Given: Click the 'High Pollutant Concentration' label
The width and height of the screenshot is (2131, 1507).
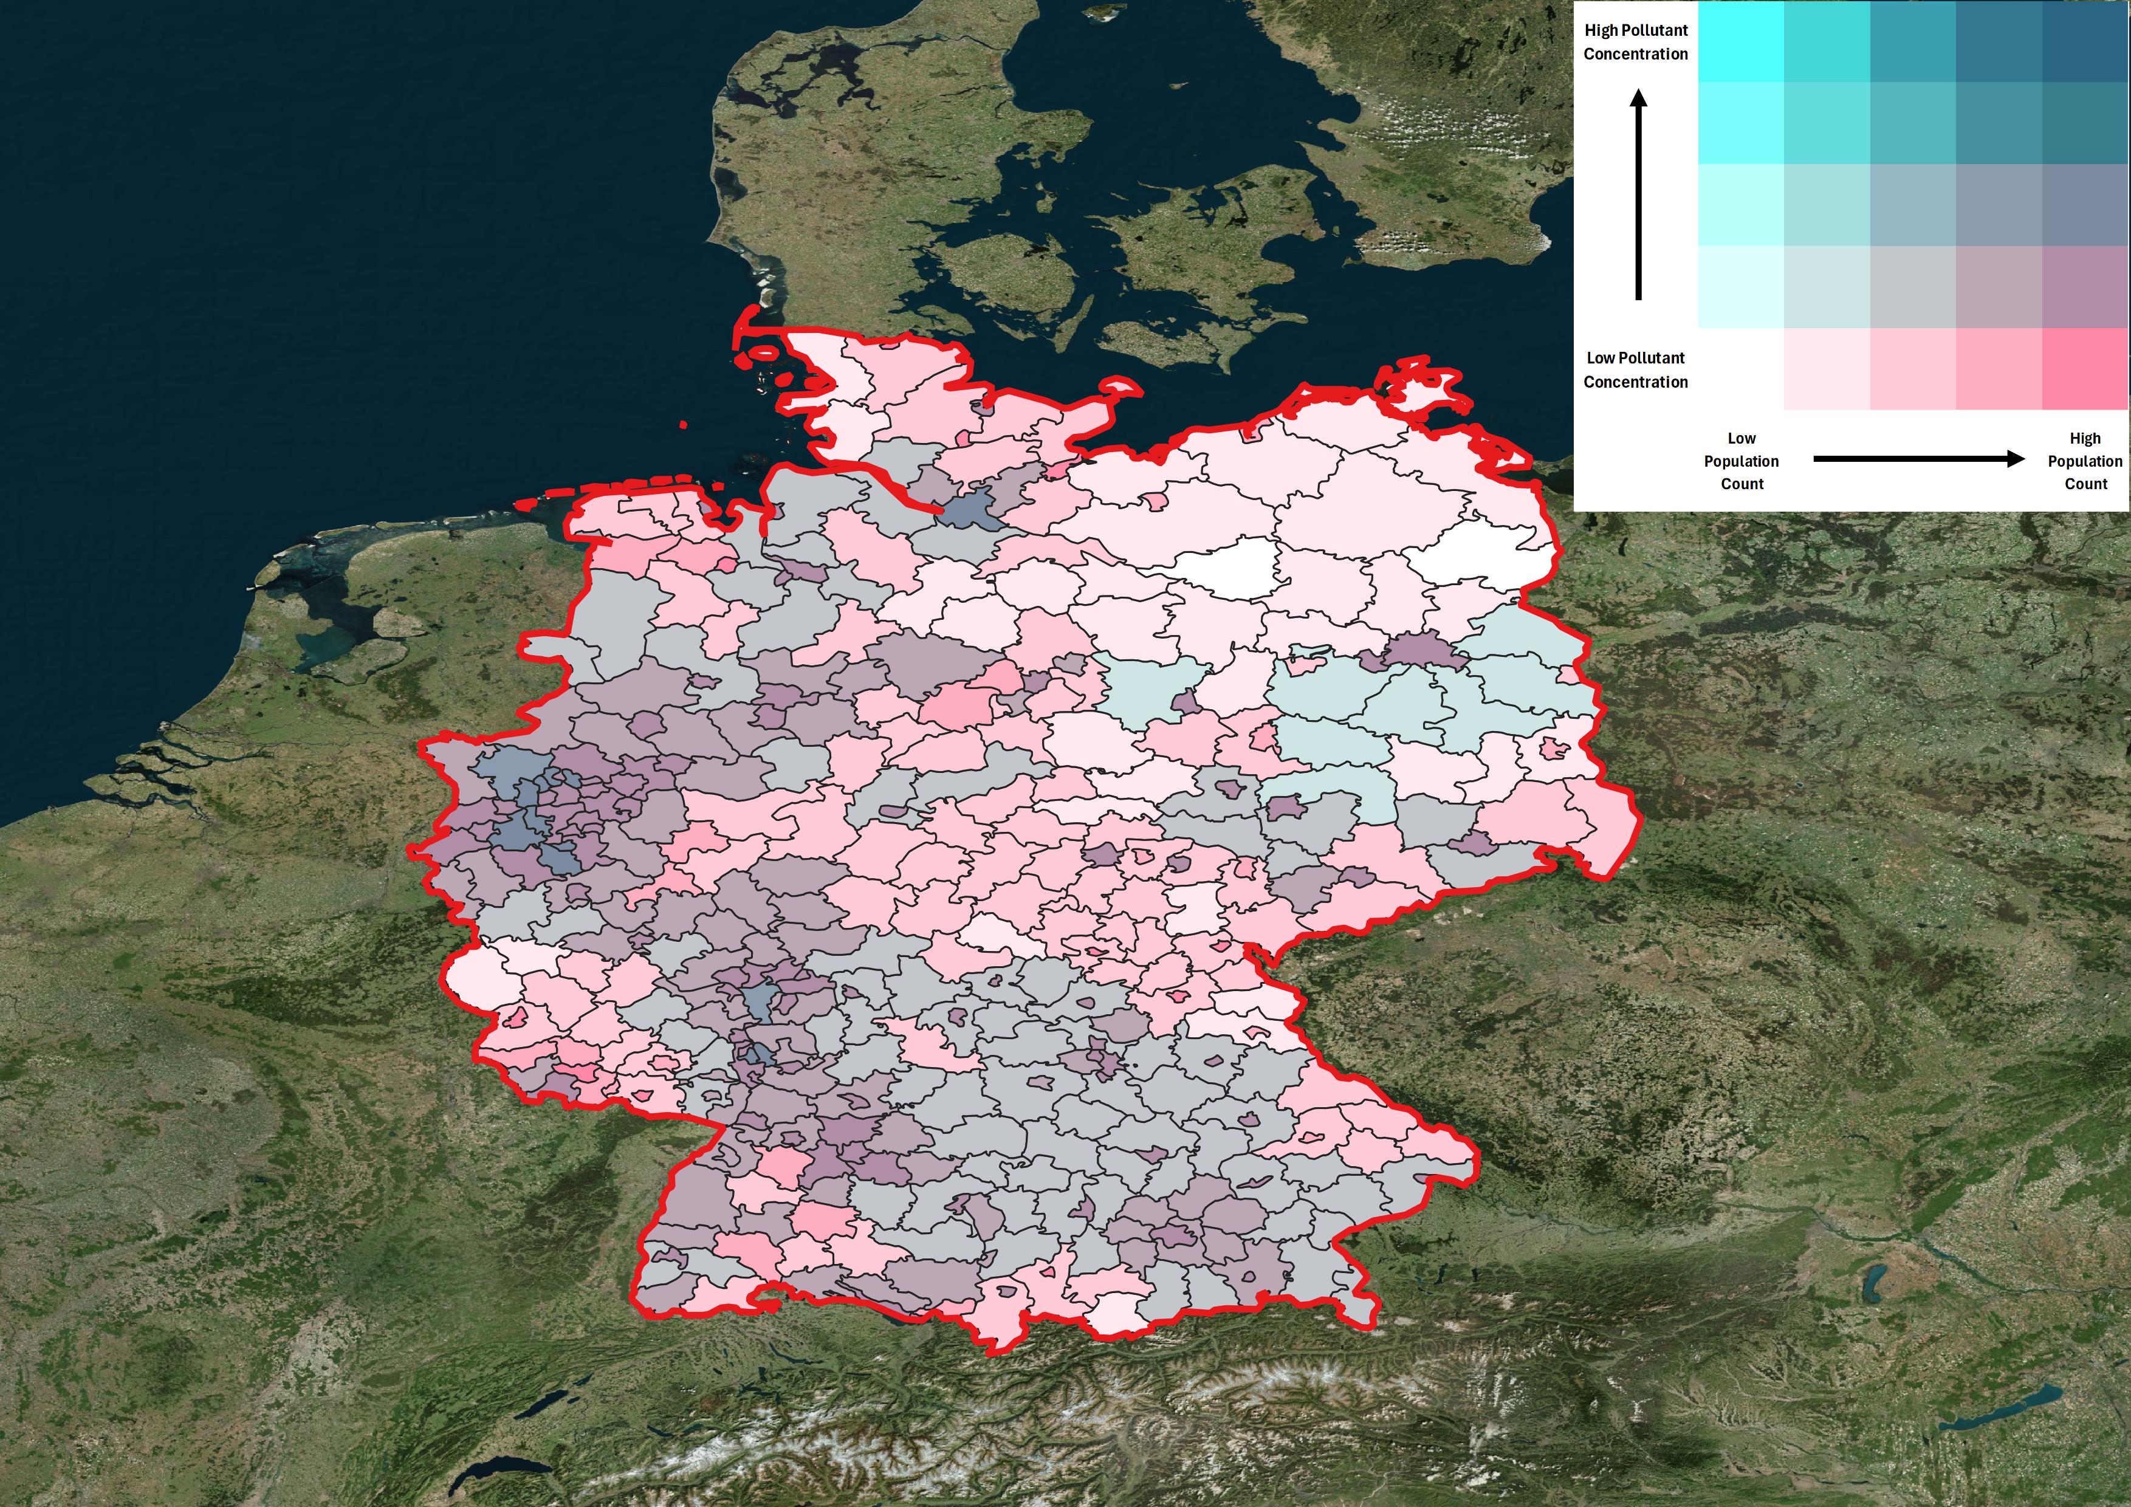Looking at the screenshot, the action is [1635, 42].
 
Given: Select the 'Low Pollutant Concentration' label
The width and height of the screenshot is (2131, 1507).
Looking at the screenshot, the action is [1635, 369].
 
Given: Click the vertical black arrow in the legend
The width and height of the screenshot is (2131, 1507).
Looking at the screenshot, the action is [1638, 195].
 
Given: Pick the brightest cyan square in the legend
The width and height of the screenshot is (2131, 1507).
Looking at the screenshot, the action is [1740, 41].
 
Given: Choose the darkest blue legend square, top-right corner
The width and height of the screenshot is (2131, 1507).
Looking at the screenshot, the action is [2085, 41].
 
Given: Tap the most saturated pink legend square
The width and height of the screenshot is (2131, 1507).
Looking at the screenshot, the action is [2085, 368].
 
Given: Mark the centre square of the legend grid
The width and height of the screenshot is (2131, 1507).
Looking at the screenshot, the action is [1913, 204].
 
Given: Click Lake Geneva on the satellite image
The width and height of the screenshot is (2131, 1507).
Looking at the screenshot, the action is [496, 1471].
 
